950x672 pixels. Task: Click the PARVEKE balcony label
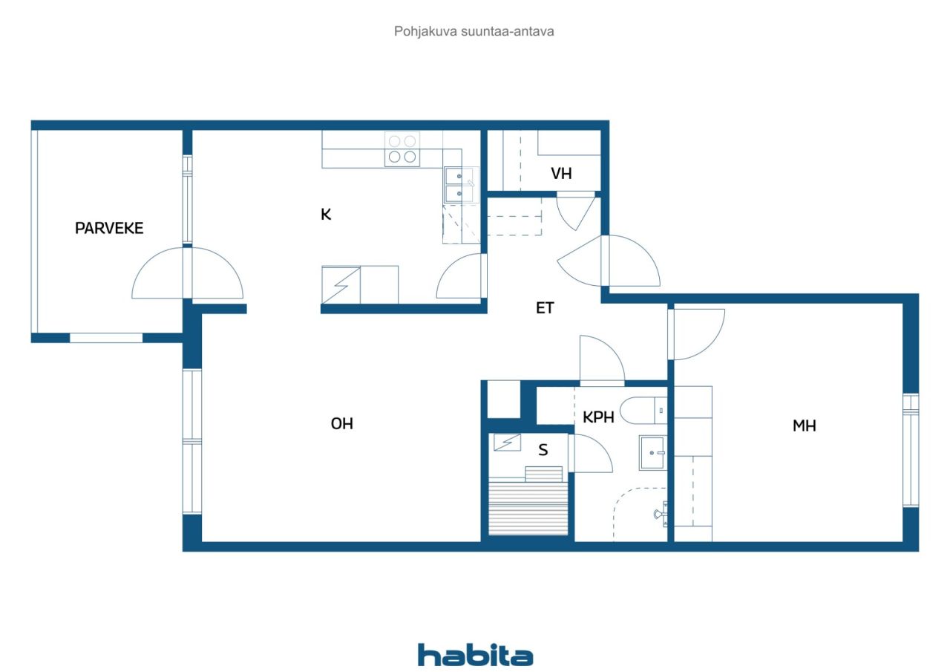coord(109,228)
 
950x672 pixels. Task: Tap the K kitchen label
coord(326,215)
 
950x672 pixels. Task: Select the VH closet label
coord(561,174)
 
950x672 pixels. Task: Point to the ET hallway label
coord(545,308)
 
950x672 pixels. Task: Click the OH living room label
coord(342,423)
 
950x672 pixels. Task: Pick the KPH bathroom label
coord(598,417)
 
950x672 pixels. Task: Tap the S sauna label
coord(543,450)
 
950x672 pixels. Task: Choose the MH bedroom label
coord(804,425)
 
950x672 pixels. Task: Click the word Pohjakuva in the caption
coord(425,31)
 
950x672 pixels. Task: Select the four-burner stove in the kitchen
coord(402,149)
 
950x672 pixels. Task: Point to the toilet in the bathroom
coord(643,411)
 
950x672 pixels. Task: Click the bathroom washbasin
coord(652,453)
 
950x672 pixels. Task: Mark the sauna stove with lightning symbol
coord(507,442)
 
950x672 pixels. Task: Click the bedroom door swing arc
coord(711,346)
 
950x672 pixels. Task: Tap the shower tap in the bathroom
coord(661,514)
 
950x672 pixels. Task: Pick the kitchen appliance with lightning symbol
coord(341,284)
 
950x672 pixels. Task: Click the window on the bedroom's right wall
coord(911,450)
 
